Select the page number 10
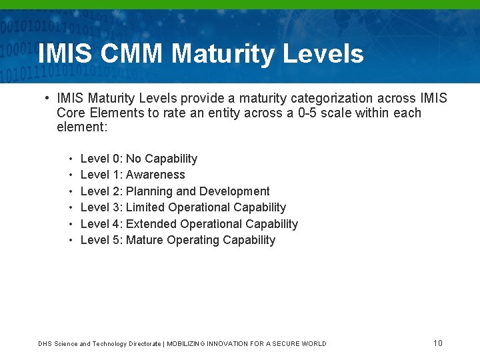(437, 343)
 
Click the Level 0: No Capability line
(139, 159)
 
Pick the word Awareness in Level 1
(155, 175)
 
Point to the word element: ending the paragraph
(82, 127)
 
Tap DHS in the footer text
(45, 344)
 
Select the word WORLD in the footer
(313, 344)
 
